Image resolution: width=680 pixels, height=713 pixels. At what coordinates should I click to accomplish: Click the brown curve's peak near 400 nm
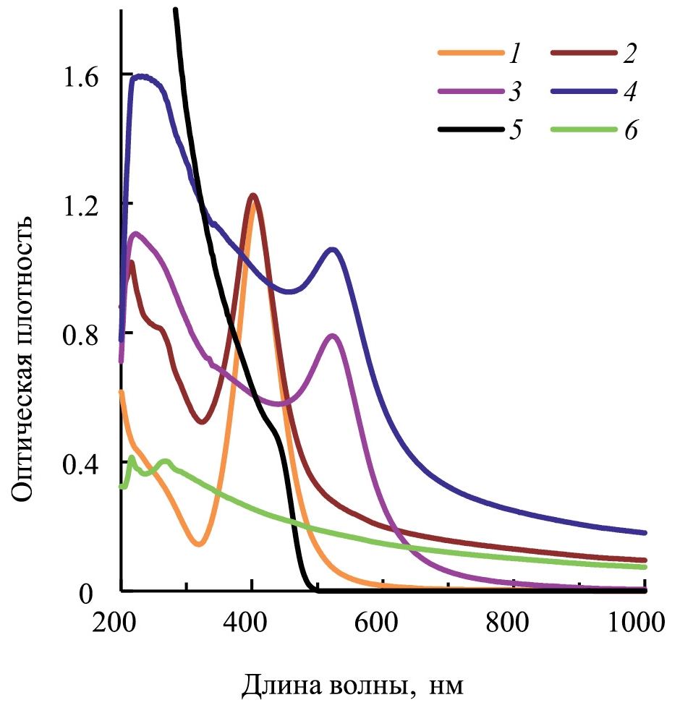(252, 195)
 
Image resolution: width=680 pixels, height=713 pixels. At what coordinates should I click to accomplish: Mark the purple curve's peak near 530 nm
(333, 336)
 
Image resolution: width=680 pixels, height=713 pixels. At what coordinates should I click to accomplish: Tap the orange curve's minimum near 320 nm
(199, 544)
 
